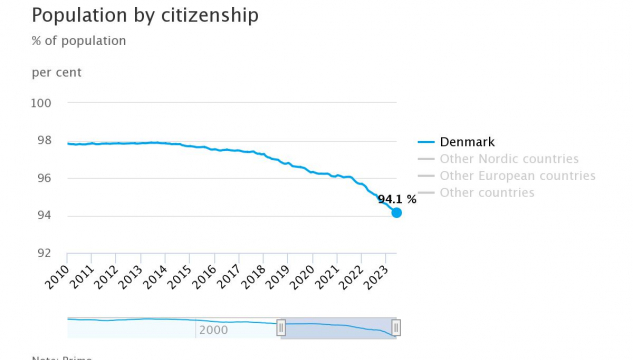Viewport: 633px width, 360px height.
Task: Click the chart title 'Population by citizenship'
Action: click(145, 16)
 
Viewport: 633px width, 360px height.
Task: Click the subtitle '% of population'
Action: click(79, 42)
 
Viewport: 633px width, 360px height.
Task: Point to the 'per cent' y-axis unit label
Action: click(57, 73)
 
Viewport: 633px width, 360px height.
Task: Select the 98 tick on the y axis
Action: click(45, 141)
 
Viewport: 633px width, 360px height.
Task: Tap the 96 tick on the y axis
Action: click(45, 178)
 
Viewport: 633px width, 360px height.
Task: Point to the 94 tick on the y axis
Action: click(45, 216)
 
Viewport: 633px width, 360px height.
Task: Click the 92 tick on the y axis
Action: click(45, 253)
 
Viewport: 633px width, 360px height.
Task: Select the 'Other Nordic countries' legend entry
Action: click(509, 159)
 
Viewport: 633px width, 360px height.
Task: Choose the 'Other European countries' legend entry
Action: click(517, 176)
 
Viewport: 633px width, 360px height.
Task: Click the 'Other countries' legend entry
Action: click(487, 192)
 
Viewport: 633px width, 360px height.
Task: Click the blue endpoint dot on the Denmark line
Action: click(396, 212)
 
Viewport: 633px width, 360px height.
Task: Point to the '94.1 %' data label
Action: click(396, 199)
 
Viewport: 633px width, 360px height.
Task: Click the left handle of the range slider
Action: click(281, 327)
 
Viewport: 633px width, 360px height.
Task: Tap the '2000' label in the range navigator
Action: click(213, 330)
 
